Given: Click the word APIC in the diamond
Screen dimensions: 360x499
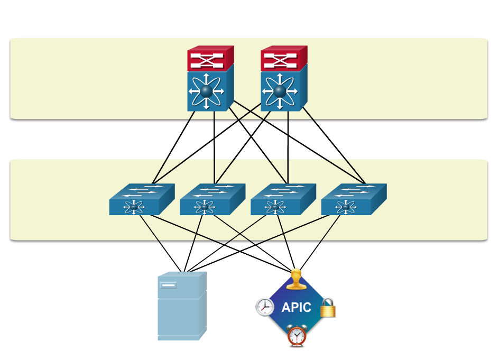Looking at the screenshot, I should click(296, 308).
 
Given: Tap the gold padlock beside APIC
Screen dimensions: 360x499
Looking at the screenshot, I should click(328, 308).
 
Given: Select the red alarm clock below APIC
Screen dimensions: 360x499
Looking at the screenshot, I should click(297, 336).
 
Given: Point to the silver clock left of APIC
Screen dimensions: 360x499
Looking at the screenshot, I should click(265, 307).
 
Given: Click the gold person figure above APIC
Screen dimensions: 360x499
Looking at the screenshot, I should click(296, 280).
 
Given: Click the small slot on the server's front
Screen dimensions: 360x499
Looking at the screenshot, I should click(169, 285).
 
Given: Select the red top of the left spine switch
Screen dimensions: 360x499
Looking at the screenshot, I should click(210, 59).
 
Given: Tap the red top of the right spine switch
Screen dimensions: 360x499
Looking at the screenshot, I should click(283, 59).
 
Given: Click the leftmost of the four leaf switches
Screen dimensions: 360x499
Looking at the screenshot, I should click(141, 199).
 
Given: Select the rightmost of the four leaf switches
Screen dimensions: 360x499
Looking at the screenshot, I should click(353, 199).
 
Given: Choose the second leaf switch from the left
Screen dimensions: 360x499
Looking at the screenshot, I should click(212, 199).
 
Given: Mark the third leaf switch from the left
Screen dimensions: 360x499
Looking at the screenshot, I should click(283, 199).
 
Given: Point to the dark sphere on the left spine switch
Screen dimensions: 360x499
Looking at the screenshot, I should click(206, 91).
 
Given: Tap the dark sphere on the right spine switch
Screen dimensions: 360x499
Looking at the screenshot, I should click(280, 91).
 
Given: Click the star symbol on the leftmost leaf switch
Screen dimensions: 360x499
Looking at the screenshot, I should click(134, 207).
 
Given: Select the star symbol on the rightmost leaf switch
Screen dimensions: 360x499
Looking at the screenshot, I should click(346, 207).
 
